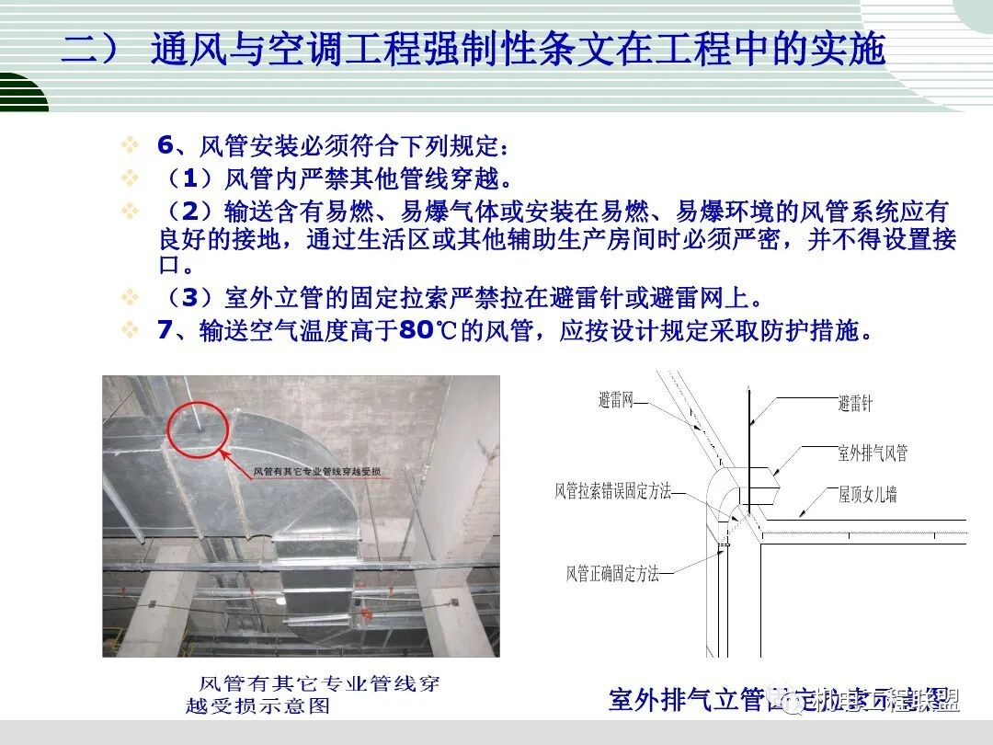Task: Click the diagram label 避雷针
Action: (855, 403)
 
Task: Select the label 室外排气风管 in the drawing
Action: (872, 453)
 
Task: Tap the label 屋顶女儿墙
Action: (867, 495)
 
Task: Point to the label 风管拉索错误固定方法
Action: (612, 491)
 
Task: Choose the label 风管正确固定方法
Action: (612, 574)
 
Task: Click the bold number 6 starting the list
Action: (165, 145)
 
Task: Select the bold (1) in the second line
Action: (184, 178)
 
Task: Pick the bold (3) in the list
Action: (184, 298)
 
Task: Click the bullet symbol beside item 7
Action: (131, 330)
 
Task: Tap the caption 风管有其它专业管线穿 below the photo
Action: (319, 684)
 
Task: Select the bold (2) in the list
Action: (184, 211)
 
